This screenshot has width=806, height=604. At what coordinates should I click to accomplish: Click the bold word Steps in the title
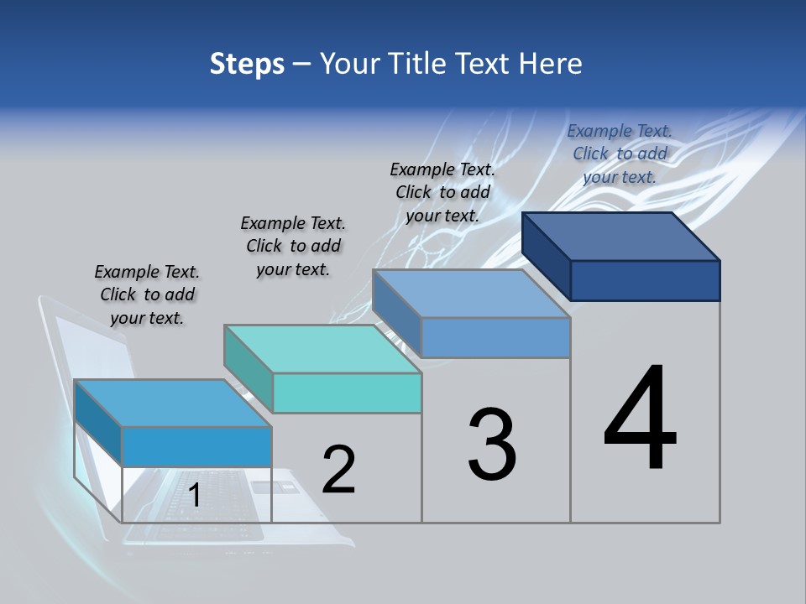(x=247, y=64)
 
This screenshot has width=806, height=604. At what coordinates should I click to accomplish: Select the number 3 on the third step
(x=492, y=445)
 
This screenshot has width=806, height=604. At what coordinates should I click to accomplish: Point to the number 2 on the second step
(x=338, y=470)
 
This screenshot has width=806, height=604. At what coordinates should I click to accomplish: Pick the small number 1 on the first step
(x=194, y=496)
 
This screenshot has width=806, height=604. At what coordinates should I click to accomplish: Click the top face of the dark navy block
(x=621, y=236)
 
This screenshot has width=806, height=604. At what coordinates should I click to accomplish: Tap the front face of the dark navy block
(x=645, y=280)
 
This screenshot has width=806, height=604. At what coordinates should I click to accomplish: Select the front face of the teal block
(x=347, y=393)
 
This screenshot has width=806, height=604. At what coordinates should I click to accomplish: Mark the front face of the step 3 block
(x=495, y=337)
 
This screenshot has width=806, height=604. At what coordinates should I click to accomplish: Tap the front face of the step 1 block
(x=196, y=446)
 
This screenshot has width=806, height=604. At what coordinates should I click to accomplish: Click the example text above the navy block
(x=620, y=154)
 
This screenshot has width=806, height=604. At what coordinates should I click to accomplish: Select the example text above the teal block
(x=293, y=246)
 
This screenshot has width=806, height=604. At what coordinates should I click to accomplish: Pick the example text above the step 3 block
(x=442, y=192)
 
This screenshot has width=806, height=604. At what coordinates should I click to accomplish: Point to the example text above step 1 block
(x=147, y=294)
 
